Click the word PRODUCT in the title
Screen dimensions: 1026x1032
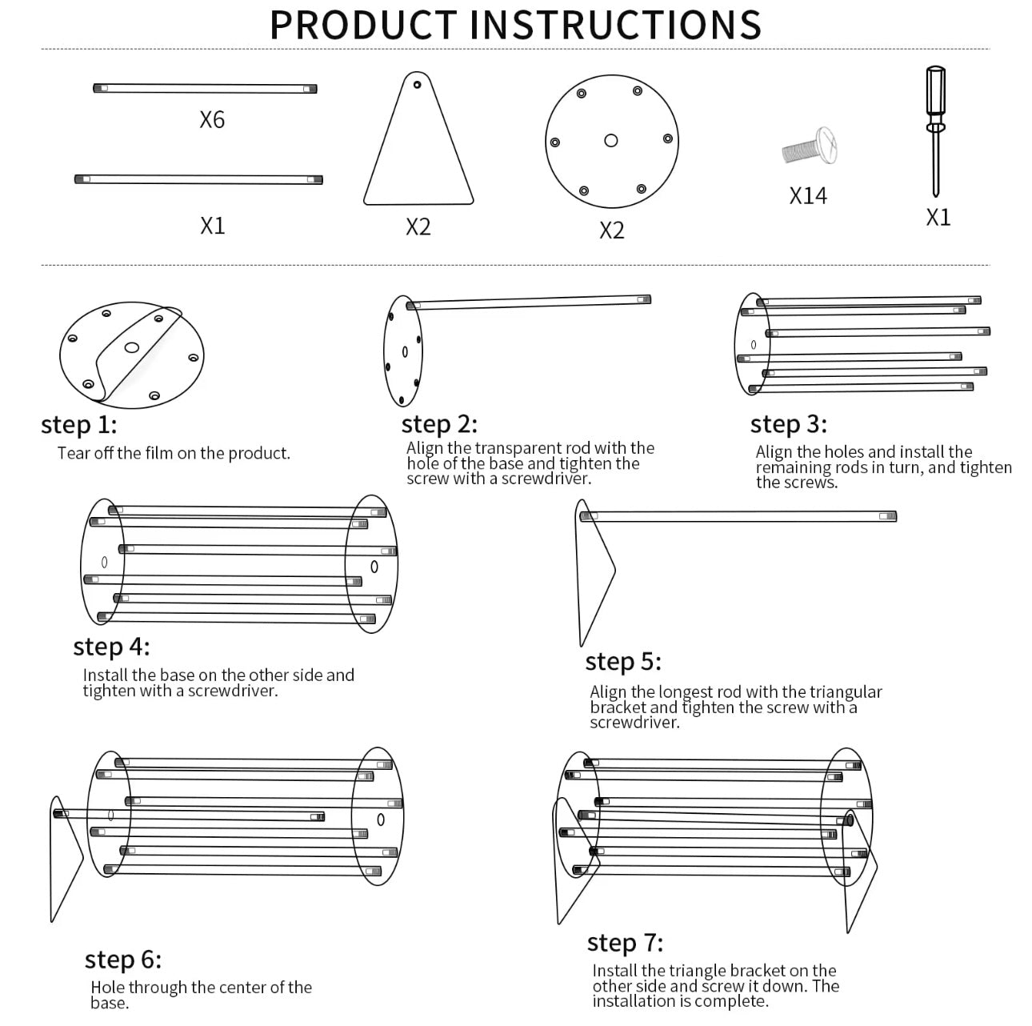pos(364,24)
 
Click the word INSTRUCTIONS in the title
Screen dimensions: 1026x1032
pos(614,24)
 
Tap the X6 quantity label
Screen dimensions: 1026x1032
pos(212,120)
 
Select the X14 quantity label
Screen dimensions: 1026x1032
pos(808,196)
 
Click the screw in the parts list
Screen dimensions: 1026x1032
pos(810,147)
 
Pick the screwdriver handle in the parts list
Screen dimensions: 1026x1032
pos(934,94)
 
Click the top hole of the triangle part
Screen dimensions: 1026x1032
pos(417,84)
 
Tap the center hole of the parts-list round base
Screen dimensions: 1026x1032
pos(611,141)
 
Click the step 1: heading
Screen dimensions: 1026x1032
pos(78,425)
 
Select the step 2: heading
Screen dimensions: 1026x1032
pos(439,424)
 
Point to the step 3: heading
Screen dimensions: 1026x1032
pos(788,424)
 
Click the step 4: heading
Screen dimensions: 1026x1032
pos(111,647)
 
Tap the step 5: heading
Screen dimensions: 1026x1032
pos(623,662)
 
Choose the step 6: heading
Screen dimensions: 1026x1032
pos(123,960)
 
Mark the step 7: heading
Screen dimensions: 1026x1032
pos(625,944)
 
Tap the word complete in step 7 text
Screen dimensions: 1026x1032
pos(730,1001)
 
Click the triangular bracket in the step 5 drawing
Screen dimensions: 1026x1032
pos(594,576)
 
